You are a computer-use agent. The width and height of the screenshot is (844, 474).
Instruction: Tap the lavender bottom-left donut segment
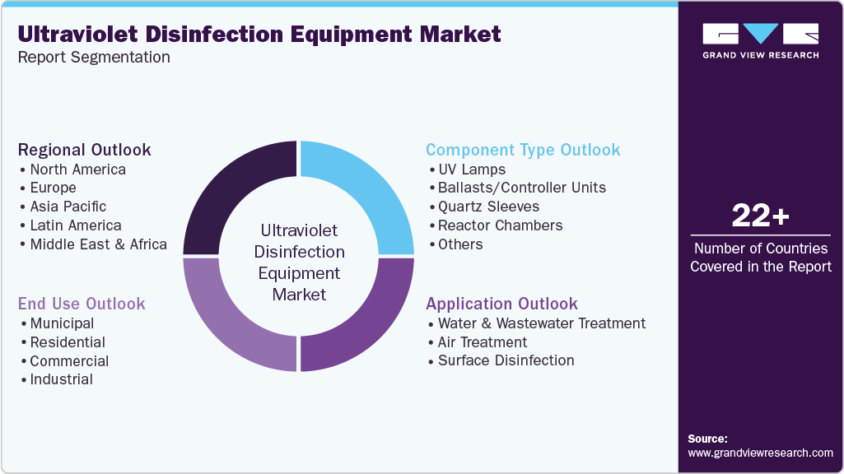226,325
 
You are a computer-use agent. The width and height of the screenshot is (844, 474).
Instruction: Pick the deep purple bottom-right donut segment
371,325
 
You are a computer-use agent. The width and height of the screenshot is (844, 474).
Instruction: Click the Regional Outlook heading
84,150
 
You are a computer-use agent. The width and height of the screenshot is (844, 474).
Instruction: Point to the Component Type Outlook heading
523,150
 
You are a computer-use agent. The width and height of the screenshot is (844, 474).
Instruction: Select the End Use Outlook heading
82,304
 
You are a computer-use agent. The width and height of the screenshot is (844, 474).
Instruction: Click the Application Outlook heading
501,304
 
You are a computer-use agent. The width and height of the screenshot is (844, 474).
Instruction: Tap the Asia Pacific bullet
68,207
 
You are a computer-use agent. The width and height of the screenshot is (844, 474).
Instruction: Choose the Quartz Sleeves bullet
489,207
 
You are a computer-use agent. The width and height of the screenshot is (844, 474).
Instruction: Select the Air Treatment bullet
483,342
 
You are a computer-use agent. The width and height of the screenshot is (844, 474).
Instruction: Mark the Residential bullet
68,342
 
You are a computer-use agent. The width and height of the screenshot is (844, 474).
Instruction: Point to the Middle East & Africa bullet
98,244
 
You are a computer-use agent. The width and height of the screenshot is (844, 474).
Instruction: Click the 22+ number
760,216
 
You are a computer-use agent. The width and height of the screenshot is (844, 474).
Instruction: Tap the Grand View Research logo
760,41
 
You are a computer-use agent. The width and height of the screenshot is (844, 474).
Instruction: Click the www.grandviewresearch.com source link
760,453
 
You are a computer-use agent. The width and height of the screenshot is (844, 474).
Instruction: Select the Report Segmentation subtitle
94,58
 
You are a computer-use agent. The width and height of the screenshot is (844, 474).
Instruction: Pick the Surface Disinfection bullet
506,360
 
